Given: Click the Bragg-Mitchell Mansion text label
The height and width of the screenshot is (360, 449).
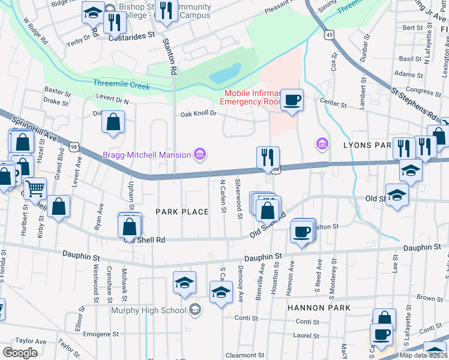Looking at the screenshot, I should tap(146, 155).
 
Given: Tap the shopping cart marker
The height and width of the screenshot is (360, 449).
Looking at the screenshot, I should tap(35, 189).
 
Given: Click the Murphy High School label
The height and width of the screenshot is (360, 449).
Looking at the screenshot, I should tap(148, 310).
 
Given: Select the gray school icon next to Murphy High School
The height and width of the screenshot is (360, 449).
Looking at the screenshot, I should tap(194, 310).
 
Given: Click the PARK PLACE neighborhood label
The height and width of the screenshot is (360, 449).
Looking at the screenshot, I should tap(182, 212).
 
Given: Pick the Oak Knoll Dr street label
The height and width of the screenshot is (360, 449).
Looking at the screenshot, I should tap(198, 114).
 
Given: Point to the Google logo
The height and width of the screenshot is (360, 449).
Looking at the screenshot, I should tap(20, 352).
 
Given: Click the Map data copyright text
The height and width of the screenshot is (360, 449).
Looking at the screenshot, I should tap(423, 355).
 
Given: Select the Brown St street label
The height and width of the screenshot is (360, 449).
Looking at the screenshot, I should tap(429, 298).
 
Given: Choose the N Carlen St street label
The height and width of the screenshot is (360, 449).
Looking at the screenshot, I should tap(223, 196).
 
